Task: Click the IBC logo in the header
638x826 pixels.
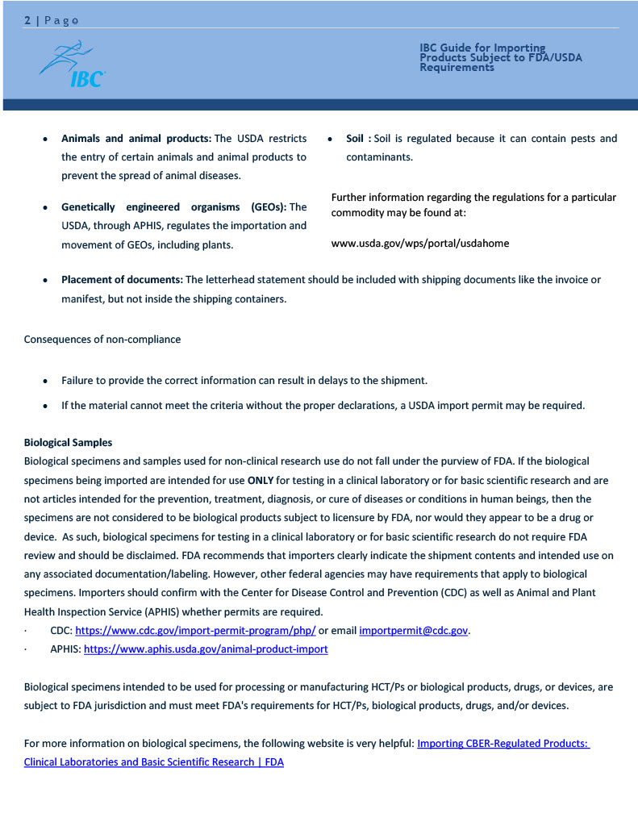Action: pos(73,65)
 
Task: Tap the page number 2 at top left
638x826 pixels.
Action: pos(27,21)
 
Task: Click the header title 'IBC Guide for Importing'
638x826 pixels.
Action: pos(482,48)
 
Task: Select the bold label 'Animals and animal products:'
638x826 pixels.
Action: pos(136,139)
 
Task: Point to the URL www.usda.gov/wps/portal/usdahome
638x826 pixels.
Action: pos(420,243)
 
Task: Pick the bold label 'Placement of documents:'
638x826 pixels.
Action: pos(122,280)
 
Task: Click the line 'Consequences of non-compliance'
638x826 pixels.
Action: pos(102,339)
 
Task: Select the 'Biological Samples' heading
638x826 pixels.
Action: pos(68,442)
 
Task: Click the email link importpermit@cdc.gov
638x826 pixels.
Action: pos(413,630)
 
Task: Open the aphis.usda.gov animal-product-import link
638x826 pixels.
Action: pos(206,649)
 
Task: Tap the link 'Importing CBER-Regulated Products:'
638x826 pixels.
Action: pos(502,743)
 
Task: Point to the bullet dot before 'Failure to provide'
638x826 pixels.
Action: pos(46,381)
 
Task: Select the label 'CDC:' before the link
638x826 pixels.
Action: pos(60,630)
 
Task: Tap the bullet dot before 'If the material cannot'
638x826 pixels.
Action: pos(46,406)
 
